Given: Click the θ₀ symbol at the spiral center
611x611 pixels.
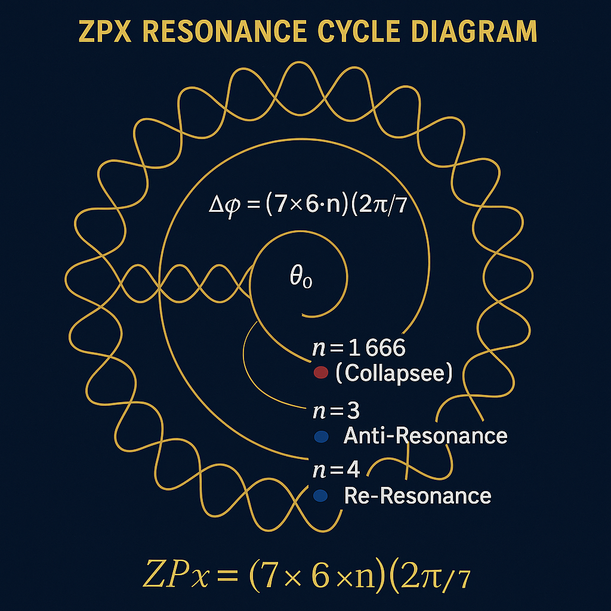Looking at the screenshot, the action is (300, 279).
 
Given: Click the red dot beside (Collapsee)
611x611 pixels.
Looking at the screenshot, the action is (320, 373).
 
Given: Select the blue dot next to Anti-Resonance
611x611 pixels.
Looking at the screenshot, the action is (320, 436).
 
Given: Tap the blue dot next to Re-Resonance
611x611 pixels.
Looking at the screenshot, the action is (320, 495).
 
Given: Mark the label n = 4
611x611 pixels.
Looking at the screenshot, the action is (336, 470).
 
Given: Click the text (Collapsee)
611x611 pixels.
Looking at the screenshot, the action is (394, 374).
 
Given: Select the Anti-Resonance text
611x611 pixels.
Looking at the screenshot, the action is (425, 436).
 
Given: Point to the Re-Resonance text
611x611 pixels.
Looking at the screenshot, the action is (418, 495).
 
